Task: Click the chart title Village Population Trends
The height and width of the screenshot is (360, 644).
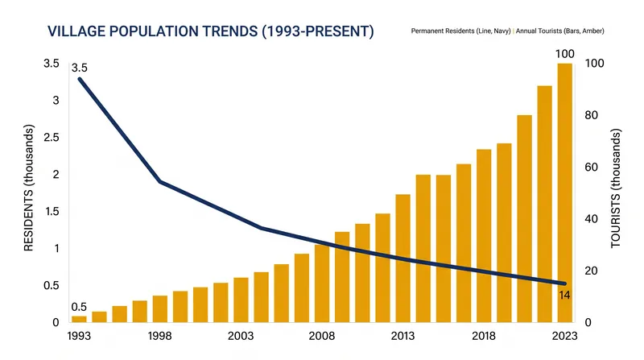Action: coord(211,31)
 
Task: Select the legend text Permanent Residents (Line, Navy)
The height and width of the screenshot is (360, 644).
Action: coord(460,31)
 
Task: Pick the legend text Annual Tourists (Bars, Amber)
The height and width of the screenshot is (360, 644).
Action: coord(559,31)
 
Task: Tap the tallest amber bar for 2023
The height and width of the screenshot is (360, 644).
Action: coord(565,192)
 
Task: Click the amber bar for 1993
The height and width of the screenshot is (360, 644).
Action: coord(79,319)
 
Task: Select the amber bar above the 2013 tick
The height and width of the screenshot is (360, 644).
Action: coord(403,258)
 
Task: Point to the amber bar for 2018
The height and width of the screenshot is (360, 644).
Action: coord(484,236)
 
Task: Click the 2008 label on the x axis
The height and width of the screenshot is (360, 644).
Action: coord(321,336)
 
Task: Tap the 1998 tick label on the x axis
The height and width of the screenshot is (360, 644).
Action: coord(159,336)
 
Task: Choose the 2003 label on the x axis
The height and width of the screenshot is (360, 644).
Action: coord(241,336)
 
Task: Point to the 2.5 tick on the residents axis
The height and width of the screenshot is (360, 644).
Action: coord(52,137)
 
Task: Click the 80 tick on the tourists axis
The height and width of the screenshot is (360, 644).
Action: coord(591,115)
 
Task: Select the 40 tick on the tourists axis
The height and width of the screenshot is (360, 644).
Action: coord(591,218)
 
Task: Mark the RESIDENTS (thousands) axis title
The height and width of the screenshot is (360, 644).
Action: coord(28,188)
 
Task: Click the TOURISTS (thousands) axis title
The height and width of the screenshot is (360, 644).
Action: coord(615,188)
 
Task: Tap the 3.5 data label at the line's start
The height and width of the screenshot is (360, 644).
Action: coord(79,68)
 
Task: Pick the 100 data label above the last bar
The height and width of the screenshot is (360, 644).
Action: coord(565,54)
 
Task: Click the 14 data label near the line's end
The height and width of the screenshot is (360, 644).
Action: coord(564,295)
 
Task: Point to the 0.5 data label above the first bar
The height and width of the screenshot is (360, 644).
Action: coord(79,307)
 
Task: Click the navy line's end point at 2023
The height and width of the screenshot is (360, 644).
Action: coord(565,283)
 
